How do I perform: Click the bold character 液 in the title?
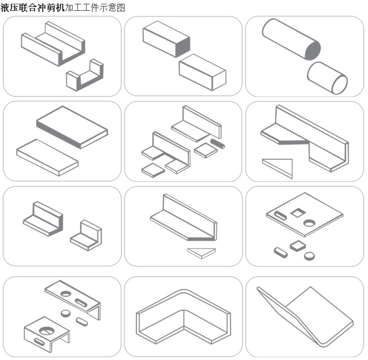point(4,8)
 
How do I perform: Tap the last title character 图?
point(121,8)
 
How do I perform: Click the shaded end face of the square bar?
point(183,47)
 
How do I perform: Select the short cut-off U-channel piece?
point(85,75)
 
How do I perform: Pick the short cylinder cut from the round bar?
point(327,78)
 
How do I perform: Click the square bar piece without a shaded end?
point(202,72)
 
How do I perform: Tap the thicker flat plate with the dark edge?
point(72,127)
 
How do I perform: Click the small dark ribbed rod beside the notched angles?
point(218,143)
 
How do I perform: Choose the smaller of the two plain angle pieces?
point(86,235)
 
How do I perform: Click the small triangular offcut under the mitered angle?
point(201,253)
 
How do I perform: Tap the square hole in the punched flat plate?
point(298,213)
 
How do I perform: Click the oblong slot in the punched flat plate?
point(280,215)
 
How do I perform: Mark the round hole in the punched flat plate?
point(309,223)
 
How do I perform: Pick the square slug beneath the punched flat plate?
point(298,246)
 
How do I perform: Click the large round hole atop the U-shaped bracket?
point(47,331)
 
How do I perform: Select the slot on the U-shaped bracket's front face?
point(39,342)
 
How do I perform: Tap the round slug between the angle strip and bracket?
point(65,313)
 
